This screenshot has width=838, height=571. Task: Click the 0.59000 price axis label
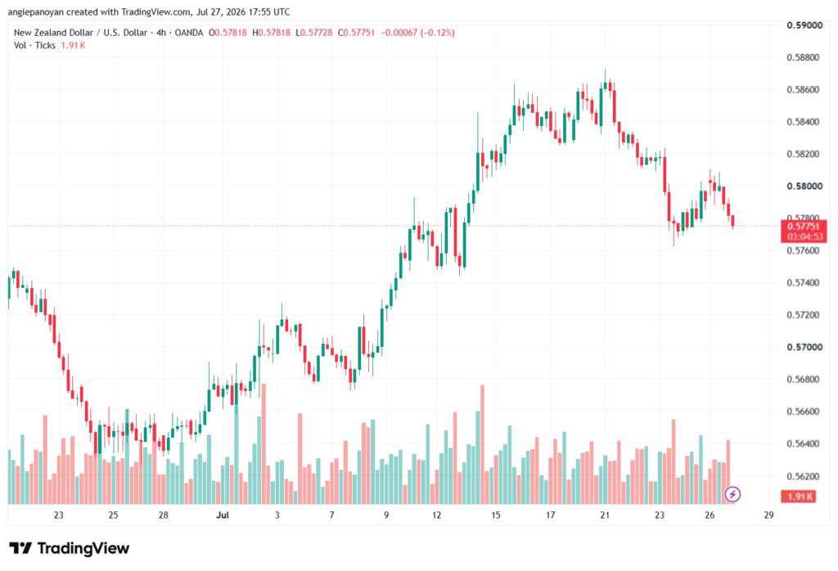(x=804, y=25)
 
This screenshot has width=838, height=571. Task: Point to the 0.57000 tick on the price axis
(x=804, y=347)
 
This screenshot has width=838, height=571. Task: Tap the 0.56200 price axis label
(x=804, y=476)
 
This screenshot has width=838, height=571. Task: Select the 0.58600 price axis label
(x=804, y=90)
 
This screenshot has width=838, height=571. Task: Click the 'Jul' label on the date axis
(x=223, y=515)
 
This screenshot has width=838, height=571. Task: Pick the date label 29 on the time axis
(x=768, y=515)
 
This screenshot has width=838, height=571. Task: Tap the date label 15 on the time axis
(x=496, y=515)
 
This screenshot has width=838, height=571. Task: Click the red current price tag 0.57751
(x=804, y=232)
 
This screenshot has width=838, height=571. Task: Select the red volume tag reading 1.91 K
(x=799, y=497)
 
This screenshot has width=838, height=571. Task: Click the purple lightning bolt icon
(x=732, y=494)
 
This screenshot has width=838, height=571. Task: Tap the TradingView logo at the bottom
(x=70, y=548)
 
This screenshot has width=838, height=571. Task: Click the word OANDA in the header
(x=189, y=33)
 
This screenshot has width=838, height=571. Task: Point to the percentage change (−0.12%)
(x=438, y=33)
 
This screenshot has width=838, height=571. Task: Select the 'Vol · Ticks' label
(x=34, y=46)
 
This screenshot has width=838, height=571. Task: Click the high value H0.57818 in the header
(x=272, y=33)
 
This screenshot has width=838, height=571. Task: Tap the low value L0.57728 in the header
(x=314, y=33)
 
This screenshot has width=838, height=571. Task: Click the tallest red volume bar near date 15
(x=483, y=444)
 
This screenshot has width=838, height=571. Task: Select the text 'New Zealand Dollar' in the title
(x=53, y=33)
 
